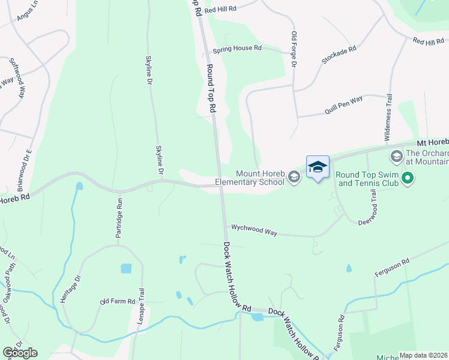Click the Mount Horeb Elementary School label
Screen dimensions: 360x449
[x=252, y=176]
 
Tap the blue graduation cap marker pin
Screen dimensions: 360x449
[x=318, y=167]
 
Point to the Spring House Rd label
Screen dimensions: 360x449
[x=241, y=47]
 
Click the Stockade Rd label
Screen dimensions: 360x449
[x=339, y=56]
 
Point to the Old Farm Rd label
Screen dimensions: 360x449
[x=118, y=301]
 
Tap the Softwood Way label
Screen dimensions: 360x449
[x=17, y=78]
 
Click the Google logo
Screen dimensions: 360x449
[x=20, y=353]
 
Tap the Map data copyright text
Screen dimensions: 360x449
[x=424, y=355]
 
